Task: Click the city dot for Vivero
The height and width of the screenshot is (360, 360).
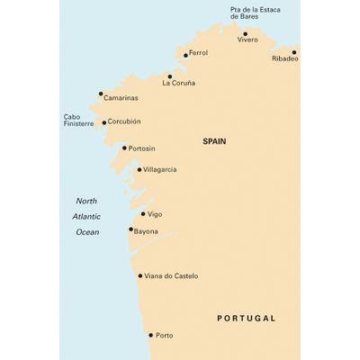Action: pyautogui.click(x=245, y=33)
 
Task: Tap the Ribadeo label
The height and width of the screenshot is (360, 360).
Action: pyautogui.click(x=284, y=58)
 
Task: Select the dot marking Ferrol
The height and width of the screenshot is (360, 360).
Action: pyautogui.click(x=185, y=55)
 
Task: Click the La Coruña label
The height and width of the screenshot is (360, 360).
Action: pyautogui.click(x=178, y=83)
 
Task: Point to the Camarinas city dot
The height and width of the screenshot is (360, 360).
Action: pyautogui.click(x=101, y=93)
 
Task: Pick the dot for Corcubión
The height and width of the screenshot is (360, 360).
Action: pyautogui.click(x=104, y=122)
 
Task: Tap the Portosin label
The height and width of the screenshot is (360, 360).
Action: pyautogui.click(x=141, y=148)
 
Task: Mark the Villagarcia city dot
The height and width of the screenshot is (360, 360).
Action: pyautogui.click(x=139, y=169)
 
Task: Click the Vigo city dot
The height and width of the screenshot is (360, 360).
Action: pyautogui.click(x=143, y=214)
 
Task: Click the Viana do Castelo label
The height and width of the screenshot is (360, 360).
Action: pyautogui.click(x=171, y=275)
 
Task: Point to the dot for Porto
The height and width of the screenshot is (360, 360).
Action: pyautogui.click(x=150, y=335)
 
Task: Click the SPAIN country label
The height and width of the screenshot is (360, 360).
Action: pyautogui.click(x=214, y=141)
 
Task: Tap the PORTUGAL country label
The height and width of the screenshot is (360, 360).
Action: pyautogui.click(x=247, y=318)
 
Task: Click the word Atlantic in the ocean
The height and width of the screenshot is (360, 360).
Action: pyautogui.click(x=86, y=216)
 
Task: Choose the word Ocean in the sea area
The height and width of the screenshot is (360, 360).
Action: pyautogui.click(x=86, y=232)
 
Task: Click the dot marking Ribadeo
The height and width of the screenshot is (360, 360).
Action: pyautogui.click(x=293, y=51)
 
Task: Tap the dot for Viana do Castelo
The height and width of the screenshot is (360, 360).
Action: pyautogui.click(x=139, y=275)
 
